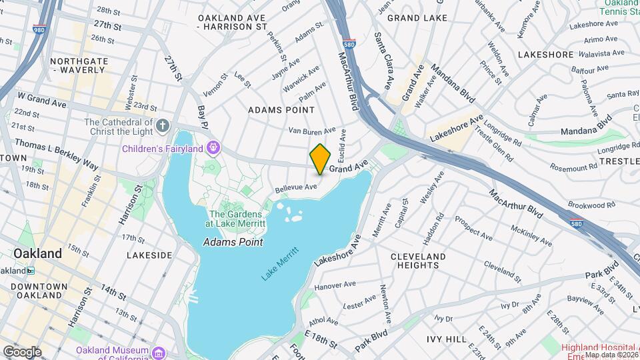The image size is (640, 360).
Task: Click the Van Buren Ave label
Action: tap(311, 131)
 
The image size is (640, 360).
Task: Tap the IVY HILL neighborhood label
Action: tap(447, 339)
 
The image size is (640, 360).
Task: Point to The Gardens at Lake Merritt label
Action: tap(237, 219)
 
